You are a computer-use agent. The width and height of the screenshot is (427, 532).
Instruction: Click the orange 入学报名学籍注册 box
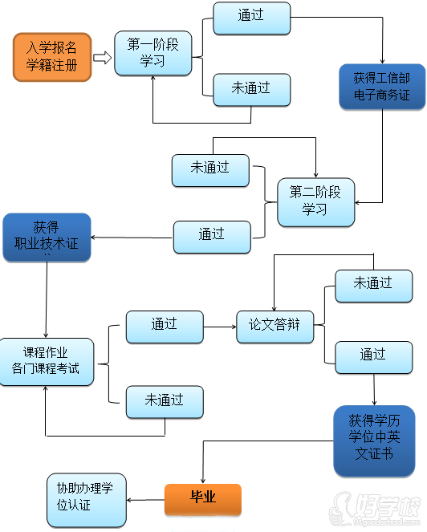click(x=52, y=56)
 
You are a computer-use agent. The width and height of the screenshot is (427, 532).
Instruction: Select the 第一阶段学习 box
click(x=153, y=53)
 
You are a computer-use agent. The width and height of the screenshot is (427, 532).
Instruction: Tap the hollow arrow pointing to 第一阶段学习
click(x=102, y=57)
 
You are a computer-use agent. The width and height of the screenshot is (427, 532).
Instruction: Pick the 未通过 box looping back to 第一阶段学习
click(x=251, y=88)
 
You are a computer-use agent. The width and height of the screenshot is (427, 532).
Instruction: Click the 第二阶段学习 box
click(x=315, y=201)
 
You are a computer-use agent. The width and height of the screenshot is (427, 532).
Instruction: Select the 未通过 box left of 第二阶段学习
click(x=210, y=169)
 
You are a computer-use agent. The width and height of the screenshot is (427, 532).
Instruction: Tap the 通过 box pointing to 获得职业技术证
click(x=212, y=235)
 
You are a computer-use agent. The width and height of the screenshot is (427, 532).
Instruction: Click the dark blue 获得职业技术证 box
click(x=46, y=237)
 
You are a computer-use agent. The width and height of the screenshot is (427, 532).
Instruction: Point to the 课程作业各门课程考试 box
click(x=46, y=362)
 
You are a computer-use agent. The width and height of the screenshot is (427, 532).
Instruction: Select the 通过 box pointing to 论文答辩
click(x=164, y=325)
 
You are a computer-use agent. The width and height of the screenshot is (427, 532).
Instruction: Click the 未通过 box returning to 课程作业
click(x=164, y=400)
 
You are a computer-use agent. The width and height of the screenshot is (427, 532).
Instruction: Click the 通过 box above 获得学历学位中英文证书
click(x=373, y=355)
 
